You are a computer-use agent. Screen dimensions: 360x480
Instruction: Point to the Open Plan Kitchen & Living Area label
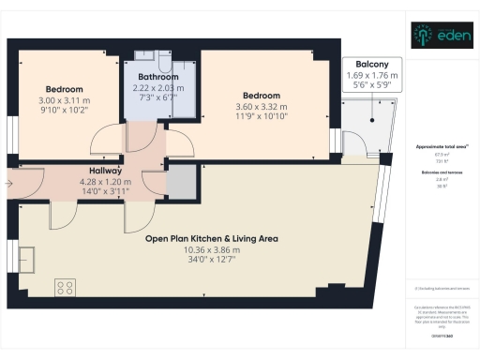click(211, 238)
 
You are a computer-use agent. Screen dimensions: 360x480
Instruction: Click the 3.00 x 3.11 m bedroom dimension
click(64, 99)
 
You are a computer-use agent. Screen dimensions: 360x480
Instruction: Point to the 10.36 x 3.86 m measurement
click(211, 250)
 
